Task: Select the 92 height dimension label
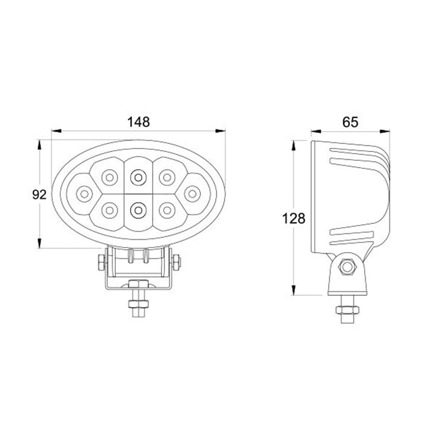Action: [x=39, y=195]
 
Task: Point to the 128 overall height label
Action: [x=293, y=218]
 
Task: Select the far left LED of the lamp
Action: [x=84, y=194]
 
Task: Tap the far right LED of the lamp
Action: [x=192, y=194]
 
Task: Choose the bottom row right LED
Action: [x=166, y=210]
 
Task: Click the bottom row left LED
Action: [x=107, y=210]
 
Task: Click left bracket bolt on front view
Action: [x=100, y=263]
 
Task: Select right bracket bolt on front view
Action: [x=177, y=263]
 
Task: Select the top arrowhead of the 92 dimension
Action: [x=39, y=144]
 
